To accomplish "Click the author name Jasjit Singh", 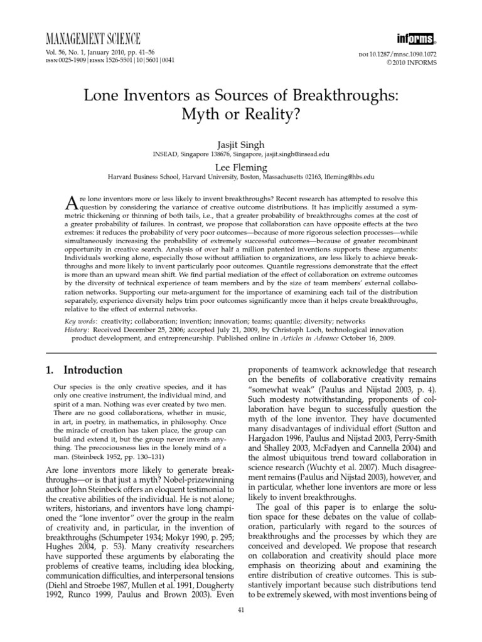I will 240,144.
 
